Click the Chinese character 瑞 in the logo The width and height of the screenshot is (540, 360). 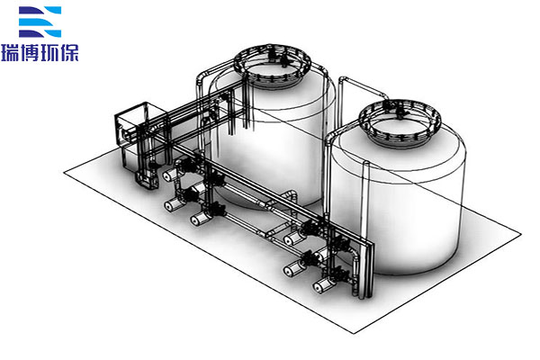coord(11,53)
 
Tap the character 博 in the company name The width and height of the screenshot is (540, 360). coord(30,53)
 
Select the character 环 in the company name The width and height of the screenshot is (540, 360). coord(49,53)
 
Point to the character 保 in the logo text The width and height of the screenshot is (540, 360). coord(69,53)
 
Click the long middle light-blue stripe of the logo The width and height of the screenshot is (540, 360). coord(34,22)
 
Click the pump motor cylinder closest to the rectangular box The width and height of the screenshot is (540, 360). coord(170,175)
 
